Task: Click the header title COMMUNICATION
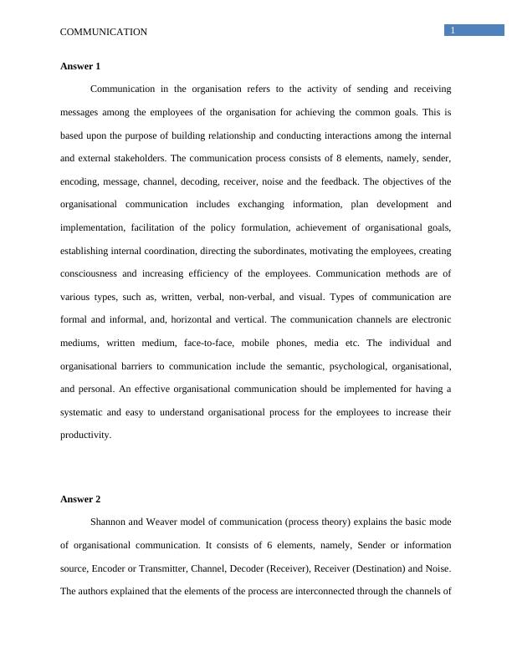pyautogui.click(x=104, y=32)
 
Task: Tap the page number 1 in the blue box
pyautogui.click(x=453, y=31)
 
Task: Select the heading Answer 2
pyautogui.click(x=80, y=499)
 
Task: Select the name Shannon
pyautogui.click(x=110, y=522)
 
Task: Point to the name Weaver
pyautogui.click(x=169, y=522)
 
